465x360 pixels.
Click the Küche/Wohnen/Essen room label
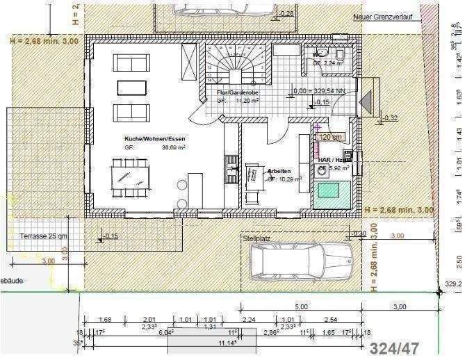(151, 138)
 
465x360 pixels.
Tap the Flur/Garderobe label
(233, 92)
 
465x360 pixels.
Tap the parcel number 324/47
(394, 348)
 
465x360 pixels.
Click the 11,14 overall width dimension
(223, 342)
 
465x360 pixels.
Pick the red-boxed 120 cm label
(330, 138)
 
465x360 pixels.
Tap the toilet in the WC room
(338, 54)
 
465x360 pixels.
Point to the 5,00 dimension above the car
(301, 306)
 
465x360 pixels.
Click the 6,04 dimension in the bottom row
(165, 332)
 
